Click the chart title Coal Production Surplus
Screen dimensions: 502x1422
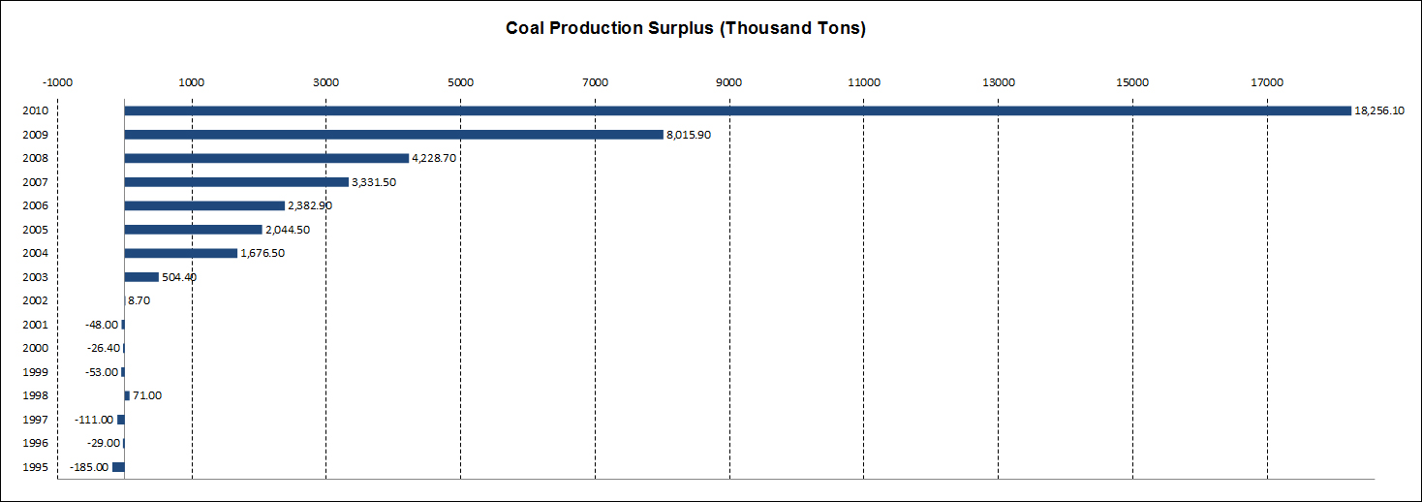[685, 28]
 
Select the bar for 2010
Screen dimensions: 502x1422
[736, 110]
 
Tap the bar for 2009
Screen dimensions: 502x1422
[393, 135]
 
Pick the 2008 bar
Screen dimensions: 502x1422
[266, 158]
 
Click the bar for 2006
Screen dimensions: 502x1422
[204, 205]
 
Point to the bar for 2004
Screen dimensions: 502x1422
[181, 253]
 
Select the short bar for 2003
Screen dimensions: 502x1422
[141, 277]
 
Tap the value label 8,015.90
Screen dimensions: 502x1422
[689, 135]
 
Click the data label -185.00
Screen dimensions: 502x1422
[89, 467]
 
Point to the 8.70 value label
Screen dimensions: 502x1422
[139, 300]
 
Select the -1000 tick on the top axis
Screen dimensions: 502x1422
[58, 82]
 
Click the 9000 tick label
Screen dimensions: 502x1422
[729, 82]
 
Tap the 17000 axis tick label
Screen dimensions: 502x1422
[1267, 82]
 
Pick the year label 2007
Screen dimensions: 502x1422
[35, 182]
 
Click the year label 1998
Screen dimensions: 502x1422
[35, 395]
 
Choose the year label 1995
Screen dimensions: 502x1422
[35, 467]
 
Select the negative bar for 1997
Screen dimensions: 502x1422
[121, 420]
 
